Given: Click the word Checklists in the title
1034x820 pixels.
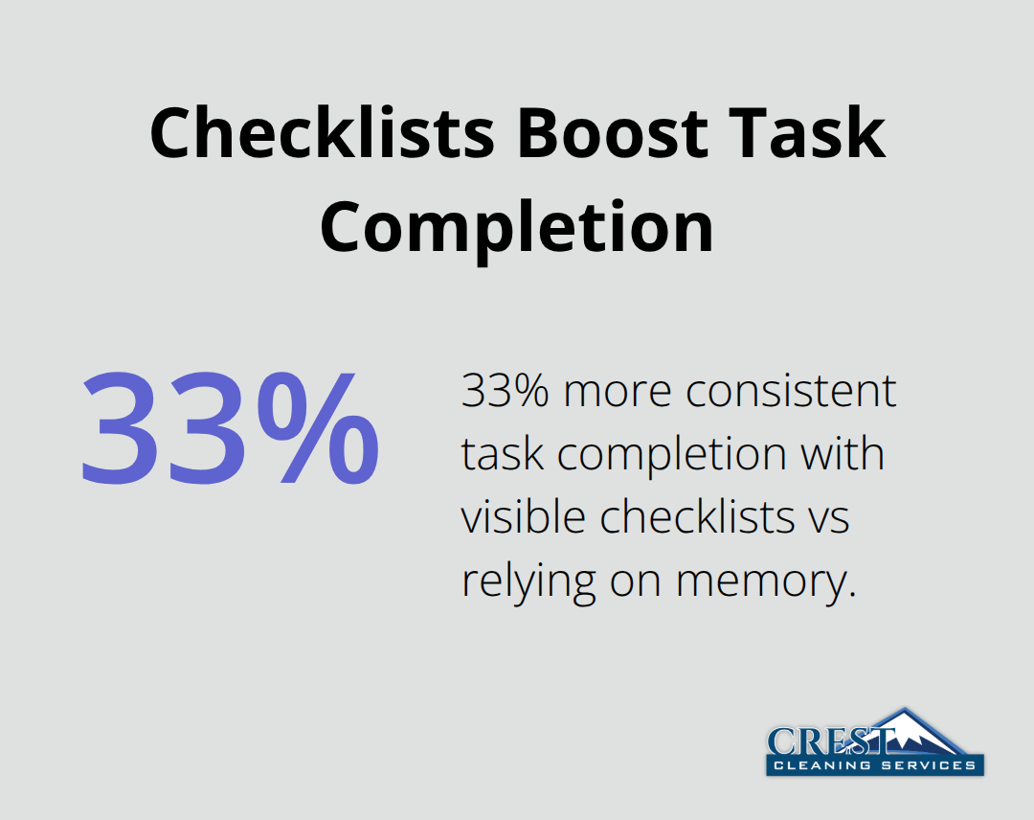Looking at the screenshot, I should coord(322,134).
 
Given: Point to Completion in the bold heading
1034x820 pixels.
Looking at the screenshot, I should coord(517,227).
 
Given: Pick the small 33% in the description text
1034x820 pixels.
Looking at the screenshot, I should coord(501,392).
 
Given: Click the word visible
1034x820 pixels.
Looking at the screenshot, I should coord(523,517).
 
